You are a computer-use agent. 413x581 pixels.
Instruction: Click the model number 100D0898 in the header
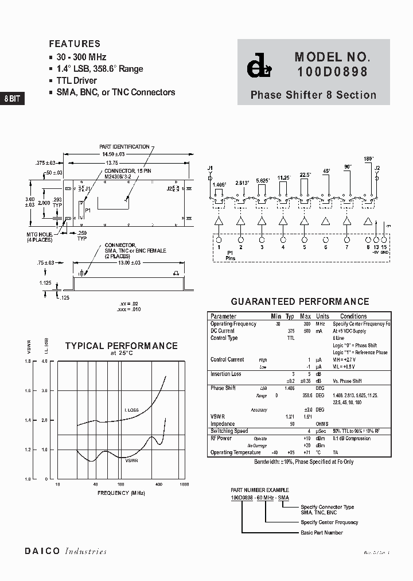tap(332, 72)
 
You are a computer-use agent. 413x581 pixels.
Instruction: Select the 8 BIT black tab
tap(12, 98)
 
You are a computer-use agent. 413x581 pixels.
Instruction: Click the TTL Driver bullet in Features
tap(76, 80)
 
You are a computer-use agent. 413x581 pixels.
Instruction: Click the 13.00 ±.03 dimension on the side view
tap(128, 262)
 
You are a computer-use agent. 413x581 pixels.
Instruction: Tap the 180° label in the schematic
tap(368, 158)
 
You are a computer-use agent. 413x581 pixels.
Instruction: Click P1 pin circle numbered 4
tap(283, 239)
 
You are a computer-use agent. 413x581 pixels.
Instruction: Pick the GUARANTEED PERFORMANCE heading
tap(299, 301)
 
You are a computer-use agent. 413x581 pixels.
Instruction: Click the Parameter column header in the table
tap(223, 316)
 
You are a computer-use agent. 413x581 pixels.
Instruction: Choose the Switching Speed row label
tap(229, 431)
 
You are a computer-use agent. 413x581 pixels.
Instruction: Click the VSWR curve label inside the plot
tap(132, 460)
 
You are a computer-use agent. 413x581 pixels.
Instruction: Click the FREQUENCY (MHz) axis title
tap(121, 493)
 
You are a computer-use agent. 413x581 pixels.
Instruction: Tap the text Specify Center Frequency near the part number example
tap(329, 522)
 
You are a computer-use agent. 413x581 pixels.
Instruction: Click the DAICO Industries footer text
tap(65, 551)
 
